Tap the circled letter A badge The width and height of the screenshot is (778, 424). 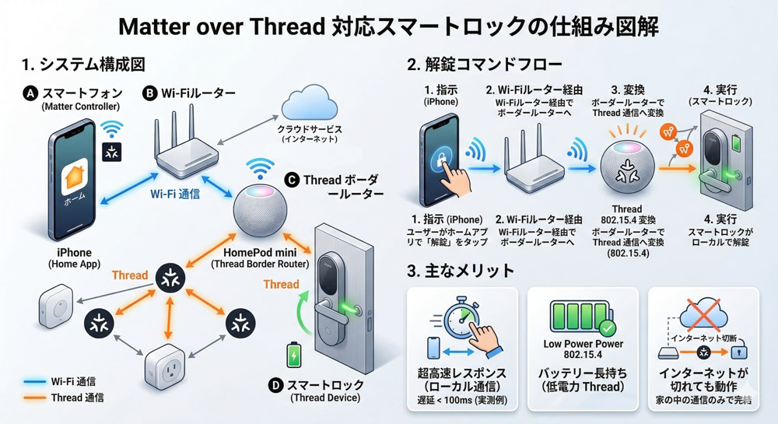point(31,93)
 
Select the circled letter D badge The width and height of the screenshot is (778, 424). point(275,384)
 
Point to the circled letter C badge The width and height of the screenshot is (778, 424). point(292,180)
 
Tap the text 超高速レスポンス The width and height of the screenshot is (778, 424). point(463,373)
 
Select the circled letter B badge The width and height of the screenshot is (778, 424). point(149,93)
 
